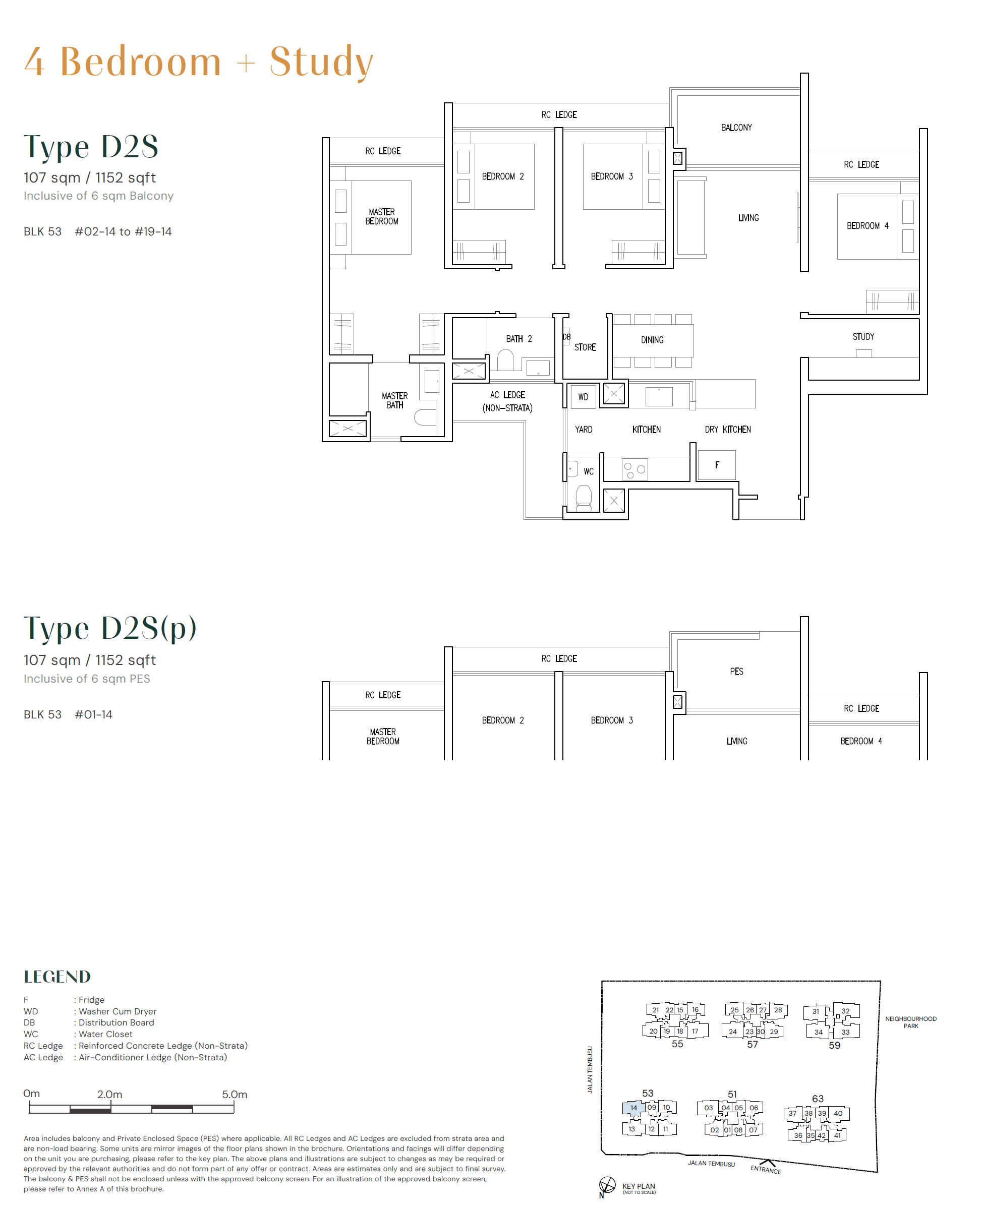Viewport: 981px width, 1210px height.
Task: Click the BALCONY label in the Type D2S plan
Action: pyautogui.click(x=736, y=128)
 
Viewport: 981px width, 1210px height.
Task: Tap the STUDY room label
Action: pyautogui.click(x=863, y=337)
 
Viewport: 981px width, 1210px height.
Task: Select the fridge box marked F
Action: pyautogui.click(x=717, y=465)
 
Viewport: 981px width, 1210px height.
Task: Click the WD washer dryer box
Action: pyautogui.click(x=583, y=397)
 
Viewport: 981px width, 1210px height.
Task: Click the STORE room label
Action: pyautogui.click(x=585, y=347)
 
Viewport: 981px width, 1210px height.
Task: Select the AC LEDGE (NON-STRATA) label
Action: pyautogui.click(x=507, y=402)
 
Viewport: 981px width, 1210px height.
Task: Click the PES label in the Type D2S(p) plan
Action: pyautogui.click(x=736, y=672)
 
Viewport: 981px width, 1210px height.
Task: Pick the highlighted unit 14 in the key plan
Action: pyautogui.click(x=633, y=1108)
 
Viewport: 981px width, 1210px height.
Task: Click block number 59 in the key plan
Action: pyautogui.click(x=834, y=1046)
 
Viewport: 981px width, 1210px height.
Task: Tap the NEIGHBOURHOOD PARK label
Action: pyautogui.click(x=910, y=1022)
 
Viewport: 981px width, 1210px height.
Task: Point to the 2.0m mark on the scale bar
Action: pyautogui.click(x=109, y=1095)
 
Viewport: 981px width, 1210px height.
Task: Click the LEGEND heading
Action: pyautogui.click(x=57, y=977)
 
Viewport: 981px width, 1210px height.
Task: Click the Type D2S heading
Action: pyautogui.click(x=91, y=146)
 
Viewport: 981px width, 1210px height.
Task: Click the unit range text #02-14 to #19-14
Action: pyautogui.click(x=123, y=231)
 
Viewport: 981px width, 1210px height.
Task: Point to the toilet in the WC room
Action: pyautogui.click(x=583, y=497)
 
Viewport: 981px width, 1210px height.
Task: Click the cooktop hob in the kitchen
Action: pyautogui.click(x=634, y=469)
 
